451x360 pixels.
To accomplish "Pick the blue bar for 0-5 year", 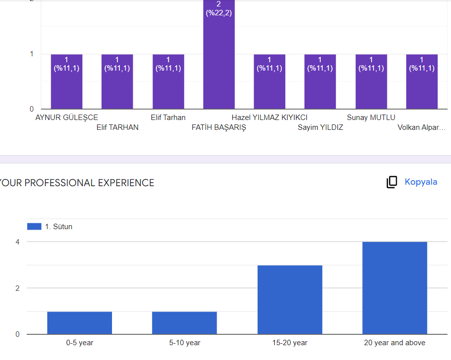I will click(79, 323).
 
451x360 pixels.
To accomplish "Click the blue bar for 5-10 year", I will click(184, 323).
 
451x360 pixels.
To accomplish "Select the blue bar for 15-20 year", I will click(290, 300).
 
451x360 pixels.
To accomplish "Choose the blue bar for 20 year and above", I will click(394, 288).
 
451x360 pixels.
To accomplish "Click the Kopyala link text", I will click(421, 182).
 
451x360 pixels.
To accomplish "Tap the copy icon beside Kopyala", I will click(392, 182).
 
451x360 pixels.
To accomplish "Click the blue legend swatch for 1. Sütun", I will click(34, 226).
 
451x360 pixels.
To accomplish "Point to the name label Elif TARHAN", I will click(117, 127).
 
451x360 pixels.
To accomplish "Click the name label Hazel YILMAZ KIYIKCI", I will click(269, 118).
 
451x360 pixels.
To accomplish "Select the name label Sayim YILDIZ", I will click(320, 127).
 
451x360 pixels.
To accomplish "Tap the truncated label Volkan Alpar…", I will click(421, 127).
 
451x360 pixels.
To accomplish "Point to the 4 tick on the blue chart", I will click(17, 241).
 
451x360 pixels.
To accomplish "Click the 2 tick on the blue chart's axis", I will click(17, 288).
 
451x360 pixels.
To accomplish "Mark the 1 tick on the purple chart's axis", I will click(32, 54).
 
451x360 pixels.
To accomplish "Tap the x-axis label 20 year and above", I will click(394, 343).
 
